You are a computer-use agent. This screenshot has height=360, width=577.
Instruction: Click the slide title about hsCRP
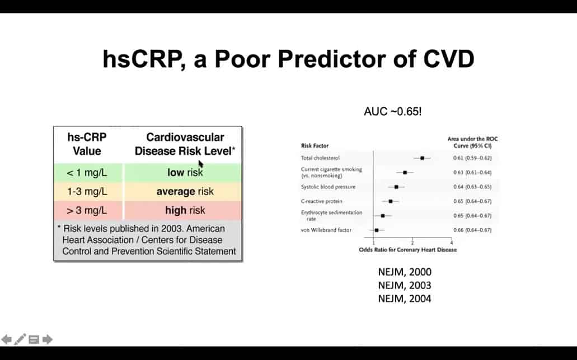point(288,58)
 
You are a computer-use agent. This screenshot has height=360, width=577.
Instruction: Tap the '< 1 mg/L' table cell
point(87,173)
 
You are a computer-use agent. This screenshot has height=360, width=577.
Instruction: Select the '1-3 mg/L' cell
point(87,192)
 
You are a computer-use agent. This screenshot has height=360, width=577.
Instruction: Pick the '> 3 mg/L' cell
point(87,211)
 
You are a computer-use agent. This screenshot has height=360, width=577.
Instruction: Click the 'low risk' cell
point(185,173)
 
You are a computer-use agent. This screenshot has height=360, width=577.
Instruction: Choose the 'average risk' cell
point(185,192)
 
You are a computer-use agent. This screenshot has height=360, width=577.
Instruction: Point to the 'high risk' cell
point(185,211)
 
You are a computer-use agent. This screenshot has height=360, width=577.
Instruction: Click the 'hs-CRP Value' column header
point(87,144)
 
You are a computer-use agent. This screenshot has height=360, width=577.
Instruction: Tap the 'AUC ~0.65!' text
point(393,111)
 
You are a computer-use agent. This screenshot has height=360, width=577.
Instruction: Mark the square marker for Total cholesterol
point(422,158)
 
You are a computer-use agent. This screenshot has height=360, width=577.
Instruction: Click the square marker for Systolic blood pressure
point(396,187)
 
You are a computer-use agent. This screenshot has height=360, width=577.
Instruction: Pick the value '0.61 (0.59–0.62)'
point(472,158)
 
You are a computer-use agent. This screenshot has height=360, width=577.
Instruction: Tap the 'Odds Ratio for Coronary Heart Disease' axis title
point(407,250)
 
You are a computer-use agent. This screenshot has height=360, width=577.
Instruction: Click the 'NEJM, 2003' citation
point(405,286)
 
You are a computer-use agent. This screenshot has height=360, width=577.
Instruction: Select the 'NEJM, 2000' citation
point(405,272)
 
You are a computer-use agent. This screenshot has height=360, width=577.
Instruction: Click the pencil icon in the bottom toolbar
point(20,339)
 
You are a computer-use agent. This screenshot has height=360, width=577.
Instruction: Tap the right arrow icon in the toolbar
point(48,339)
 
